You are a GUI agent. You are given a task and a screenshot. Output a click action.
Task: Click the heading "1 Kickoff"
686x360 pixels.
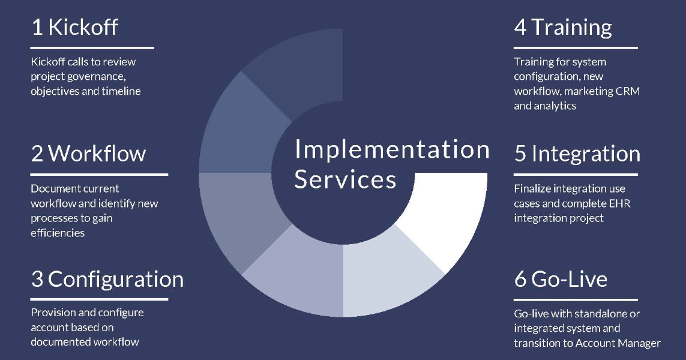tap(74, 27)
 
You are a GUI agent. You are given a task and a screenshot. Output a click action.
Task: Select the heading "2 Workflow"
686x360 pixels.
tap(88, 154)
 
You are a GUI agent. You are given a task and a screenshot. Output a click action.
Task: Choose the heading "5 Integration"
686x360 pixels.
tap(577, 154)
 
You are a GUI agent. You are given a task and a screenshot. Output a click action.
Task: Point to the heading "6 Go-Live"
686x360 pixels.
tap(561, 280)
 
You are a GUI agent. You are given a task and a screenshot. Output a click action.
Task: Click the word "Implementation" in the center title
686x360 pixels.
tap(392, 150)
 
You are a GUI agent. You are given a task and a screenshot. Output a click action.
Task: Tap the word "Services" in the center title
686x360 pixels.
tap(345, 179)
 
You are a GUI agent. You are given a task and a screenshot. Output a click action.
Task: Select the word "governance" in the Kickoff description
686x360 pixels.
tap(100, 77)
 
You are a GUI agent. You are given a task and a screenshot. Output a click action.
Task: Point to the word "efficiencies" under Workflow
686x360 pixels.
tap(58, 233)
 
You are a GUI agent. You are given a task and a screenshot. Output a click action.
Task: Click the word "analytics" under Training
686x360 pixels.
tap(556, 106)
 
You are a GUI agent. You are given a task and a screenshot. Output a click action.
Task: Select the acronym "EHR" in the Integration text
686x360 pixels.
tap(620, 203)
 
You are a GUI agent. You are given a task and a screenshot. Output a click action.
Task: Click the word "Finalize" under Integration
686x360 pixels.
tap(532, 188)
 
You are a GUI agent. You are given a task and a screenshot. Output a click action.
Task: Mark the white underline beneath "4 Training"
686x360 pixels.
tap(576, 47)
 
